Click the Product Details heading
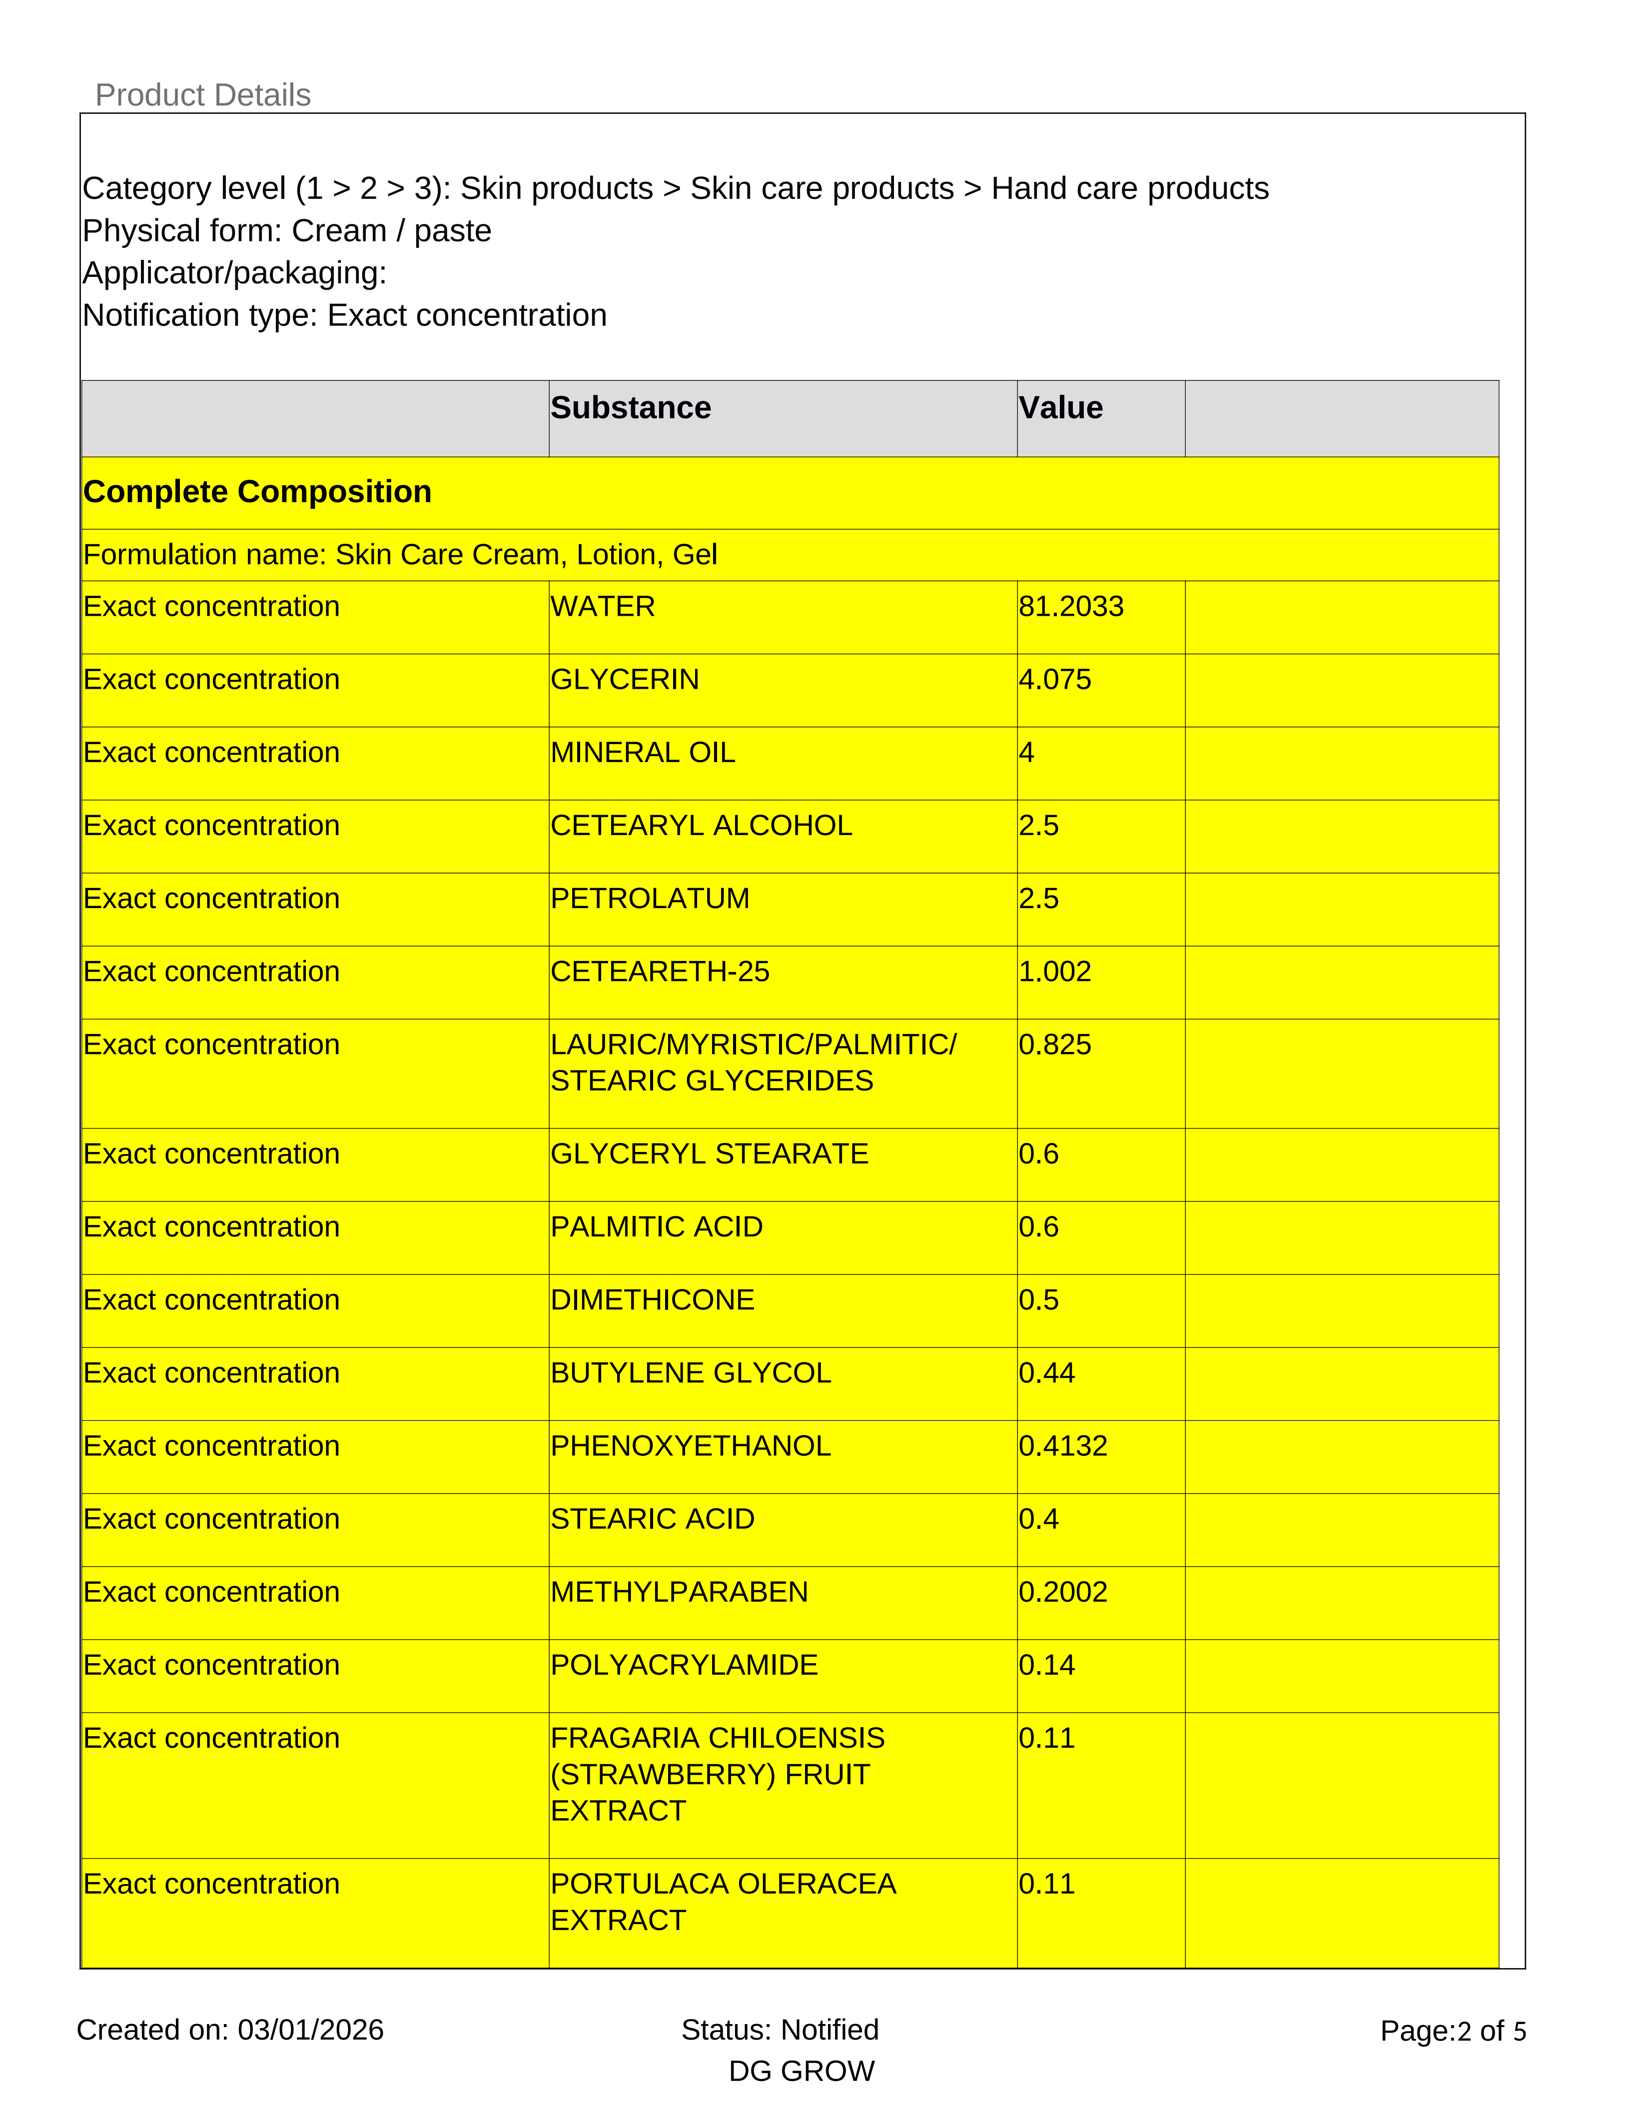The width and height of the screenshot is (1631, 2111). pos(203,95)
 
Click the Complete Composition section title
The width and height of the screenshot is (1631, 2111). pos(257,492)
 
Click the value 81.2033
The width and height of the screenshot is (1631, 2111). pos(1070,607)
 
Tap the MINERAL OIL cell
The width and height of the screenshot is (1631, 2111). pos(643,753)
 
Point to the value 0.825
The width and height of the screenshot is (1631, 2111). pos(1054,1045)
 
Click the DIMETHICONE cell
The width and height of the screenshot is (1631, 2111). pos(652,1300)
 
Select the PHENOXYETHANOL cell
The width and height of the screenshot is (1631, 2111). pos(690,1446)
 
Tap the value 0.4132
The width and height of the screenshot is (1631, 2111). pos(1063,1446)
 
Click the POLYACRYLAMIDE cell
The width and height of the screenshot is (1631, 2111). pos(684,1665)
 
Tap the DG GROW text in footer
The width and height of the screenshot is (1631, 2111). pos(801,2072)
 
